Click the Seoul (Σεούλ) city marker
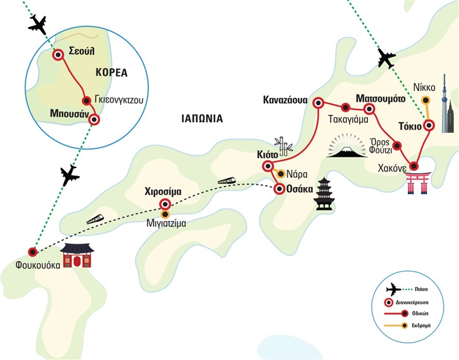[58, 55]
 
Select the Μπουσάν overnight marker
[94, 120]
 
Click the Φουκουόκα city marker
[33, 251]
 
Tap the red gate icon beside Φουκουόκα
[77, 257]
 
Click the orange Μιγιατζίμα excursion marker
[165, 214]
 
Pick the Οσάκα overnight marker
[279, 189]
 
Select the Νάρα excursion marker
[281, 174]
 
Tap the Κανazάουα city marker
[318, 103]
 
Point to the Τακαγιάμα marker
[345, 107]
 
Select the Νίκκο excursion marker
[425, 101]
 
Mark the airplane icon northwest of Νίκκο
[387, 58]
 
